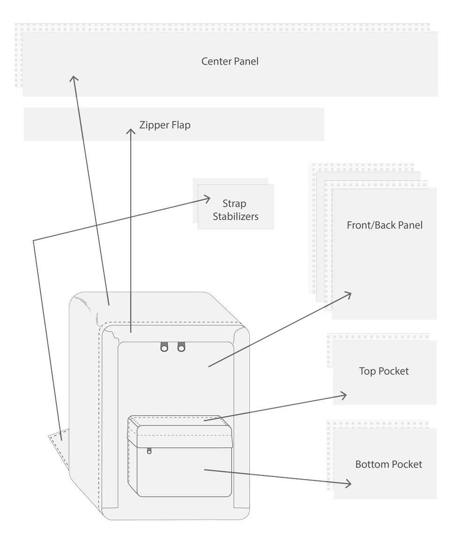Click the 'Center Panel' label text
click(x=230, y=61)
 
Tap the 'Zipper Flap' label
click(x=165, y=125)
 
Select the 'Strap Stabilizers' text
click(x=235, y=210)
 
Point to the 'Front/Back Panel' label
click(x=384, y=225)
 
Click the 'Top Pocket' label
click(x=384, y=371)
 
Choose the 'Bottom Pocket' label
click(x=389, y=464)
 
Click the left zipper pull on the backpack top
click(x=164, y=347)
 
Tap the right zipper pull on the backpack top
click(x=181, y=347)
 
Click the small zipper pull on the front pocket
click(x=149, y=451)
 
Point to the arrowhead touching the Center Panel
click(x=74, y=78)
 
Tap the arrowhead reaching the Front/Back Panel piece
click(x=347, y=295)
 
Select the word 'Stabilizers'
click(x=235, y=217)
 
